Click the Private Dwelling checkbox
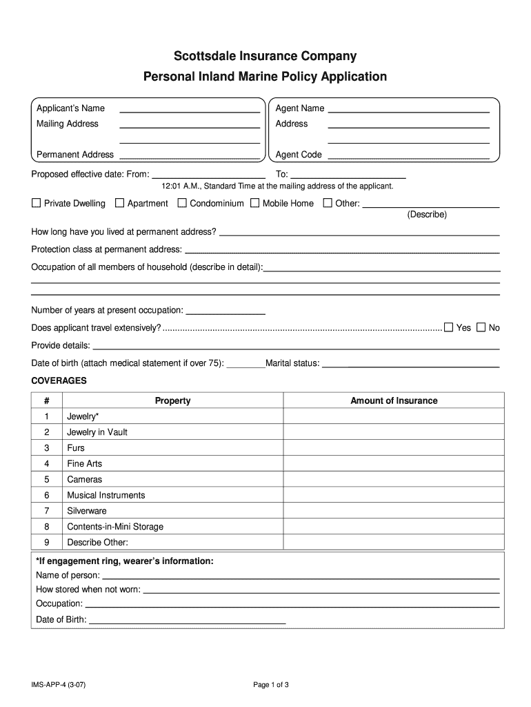point(37,203)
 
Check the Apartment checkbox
point(119,203)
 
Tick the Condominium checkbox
point(182,203)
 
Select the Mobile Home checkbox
point(255,203)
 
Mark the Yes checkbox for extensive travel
point(449,327)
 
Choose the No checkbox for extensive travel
point(481,327)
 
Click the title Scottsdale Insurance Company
point(265,56)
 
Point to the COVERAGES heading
point(59,380)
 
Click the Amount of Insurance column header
point(394,400)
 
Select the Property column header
point(172,400)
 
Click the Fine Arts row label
point(84,464)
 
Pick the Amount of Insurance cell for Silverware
point(394,511)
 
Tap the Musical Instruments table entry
point(106,495)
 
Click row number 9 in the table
point(47,542)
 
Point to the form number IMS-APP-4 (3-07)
point(58,685)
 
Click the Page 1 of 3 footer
point(270,685)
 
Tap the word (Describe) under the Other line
point(427,215)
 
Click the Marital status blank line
point(410,365)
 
